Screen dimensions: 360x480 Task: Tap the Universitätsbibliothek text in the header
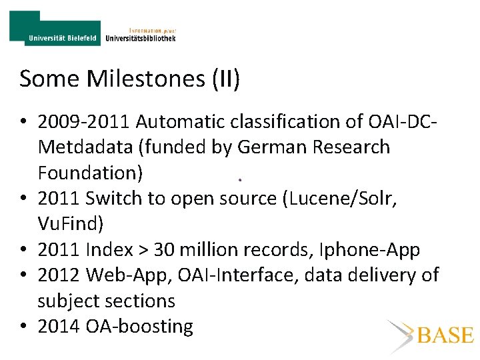(x=141, y=38)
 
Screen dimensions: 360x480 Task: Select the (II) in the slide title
(x=225, y=79)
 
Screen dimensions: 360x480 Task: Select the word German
(x=267, y=147)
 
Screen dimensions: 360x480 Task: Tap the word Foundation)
(x=90, y=173)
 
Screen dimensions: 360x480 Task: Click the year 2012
(x=59, y=275)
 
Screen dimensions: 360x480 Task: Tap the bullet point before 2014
(x=24, y=327)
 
